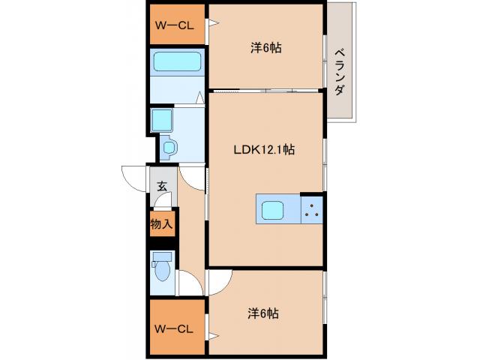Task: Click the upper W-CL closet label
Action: point(174,25)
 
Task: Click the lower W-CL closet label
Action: point(174,328)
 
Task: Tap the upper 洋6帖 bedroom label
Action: point(265,48)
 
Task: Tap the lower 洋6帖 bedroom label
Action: point(264,313)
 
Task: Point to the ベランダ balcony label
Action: point(340,71)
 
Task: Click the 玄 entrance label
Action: point(162,187)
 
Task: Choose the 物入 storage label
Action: point(161,223)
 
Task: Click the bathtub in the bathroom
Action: point(177,63)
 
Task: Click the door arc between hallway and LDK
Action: point(193,177)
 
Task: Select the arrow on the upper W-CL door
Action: point(214,24)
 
